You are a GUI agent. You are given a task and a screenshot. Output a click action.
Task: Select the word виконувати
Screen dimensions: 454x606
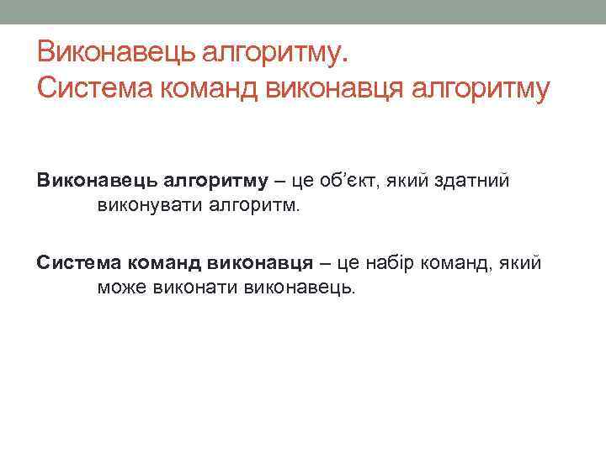point(143,205)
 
